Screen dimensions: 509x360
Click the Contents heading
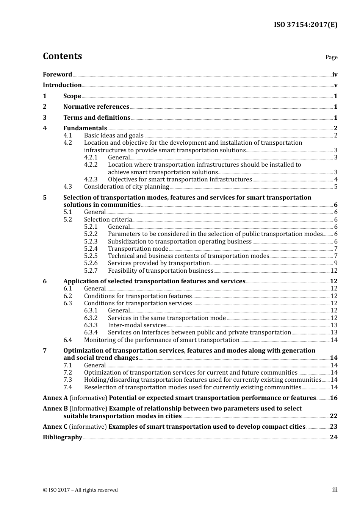point(62,56)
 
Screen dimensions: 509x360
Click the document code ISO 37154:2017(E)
point(305,25)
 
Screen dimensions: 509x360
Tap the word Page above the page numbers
point(331,57)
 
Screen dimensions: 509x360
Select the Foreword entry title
point(57,75)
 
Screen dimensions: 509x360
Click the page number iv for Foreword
point(335,75)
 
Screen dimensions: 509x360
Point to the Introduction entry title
point(62,85)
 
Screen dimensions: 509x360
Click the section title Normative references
point(96,107)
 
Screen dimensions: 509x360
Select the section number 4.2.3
point(91,180)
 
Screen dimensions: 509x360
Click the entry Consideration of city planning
point(127,187)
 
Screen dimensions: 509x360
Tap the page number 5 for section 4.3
point(336,187)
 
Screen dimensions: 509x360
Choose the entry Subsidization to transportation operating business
point(180,242)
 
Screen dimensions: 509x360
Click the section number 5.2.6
point(91,263)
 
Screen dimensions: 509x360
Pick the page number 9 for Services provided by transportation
point(336,263)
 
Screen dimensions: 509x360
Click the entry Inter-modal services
point(137,325)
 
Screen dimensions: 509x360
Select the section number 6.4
point(67,340)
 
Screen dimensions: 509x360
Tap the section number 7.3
point(67,380)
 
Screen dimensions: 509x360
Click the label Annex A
point(55,398)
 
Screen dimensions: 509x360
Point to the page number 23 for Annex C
point(333,427)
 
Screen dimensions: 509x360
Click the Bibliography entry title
point(63,437)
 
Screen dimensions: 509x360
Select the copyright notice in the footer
point(80,490)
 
